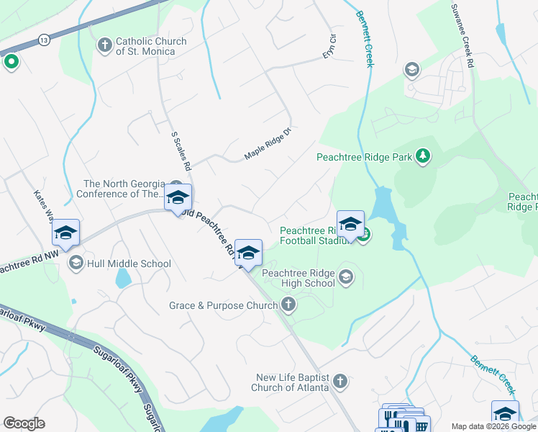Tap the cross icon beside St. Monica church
(104, 47)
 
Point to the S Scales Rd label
(181, 150)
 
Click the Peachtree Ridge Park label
(365, 156)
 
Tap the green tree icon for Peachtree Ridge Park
(424, 156)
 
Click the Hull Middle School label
(129, 264)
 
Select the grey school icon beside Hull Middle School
(76, 264)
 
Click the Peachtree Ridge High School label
(299, 278)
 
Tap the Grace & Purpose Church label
(223, 305)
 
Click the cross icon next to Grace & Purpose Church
(288, 305)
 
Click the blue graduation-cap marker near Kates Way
(65, 233)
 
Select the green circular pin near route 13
(11, 63)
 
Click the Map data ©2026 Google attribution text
(493, 426)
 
